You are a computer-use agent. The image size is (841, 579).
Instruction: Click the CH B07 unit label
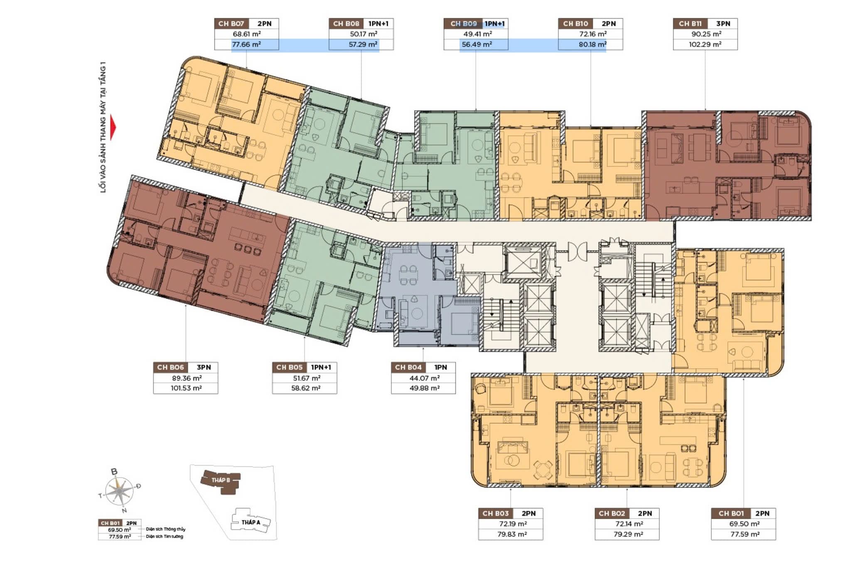tap(231, 24)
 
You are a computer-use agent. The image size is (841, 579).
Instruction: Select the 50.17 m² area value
tap(364, 34)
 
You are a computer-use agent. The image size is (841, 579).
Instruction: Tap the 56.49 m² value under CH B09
tap(477, 44)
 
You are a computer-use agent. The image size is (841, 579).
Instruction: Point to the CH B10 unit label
tap(575, 24)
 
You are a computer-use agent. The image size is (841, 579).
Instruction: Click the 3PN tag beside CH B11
tap(723, 24)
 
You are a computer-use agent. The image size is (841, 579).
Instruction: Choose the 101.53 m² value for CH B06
tap(186, 388)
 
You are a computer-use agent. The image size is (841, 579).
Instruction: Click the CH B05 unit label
tap(289, 367)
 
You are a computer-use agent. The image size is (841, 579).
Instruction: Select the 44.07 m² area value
tap(423, 378)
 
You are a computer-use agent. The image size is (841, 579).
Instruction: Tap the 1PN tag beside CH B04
tap(440, 367)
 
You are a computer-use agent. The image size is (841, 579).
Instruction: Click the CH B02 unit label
tap(612, 513)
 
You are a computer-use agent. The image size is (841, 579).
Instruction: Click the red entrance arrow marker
tap(113, 128)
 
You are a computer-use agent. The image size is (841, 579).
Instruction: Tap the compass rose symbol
tap(119, 492)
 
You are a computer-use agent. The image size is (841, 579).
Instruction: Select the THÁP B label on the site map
tap(220, 480)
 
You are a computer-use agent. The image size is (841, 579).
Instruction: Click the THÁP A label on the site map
tap(251, 522)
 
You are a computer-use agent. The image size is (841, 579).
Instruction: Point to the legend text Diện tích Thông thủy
tap(165, 529)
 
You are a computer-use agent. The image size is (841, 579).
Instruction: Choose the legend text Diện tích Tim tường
tap(164, 536)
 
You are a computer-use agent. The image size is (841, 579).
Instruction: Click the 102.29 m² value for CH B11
tap(705, 44)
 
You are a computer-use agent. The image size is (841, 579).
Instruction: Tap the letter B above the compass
tap(114, 471)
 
